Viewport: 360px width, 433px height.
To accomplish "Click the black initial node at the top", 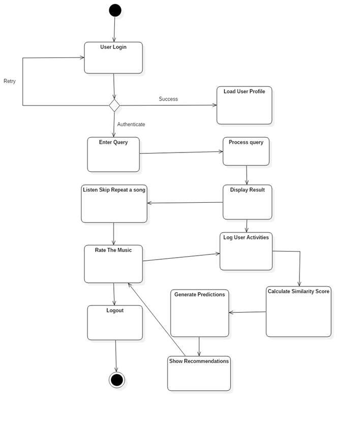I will [115, 10].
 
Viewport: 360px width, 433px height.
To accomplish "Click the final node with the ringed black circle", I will [116, 380].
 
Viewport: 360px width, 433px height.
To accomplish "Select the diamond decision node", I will [114, 105].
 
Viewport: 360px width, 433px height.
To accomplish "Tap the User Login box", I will [113, 57].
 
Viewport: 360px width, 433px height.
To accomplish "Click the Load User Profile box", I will [244, 105].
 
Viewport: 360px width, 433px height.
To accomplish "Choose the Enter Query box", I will [113, 154].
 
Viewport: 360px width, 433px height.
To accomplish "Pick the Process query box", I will [246, 151].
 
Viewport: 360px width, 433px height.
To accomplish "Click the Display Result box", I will [247, 202].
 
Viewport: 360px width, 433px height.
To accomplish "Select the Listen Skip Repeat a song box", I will [114, 204].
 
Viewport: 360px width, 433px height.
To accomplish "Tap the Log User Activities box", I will [246, 251].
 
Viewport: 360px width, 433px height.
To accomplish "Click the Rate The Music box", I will [113, 264].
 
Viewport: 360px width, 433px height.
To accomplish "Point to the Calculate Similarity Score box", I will [298, 312].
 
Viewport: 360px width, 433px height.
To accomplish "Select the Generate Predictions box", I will [199, 313].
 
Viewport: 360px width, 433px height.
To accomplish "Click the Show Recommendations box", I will [199, 374].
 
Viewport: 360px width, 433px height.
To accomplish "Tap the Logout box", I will [115, 323].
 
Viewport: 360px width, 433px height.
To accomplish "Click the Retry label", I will [10, 81].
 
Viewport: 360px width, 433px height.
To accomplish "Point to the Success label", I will [168, 99].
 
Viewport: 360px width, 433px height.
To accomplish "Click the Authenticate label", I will [131, 125].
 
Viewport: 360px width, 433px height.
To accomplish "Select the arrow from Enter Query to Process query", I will [181, 152].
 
